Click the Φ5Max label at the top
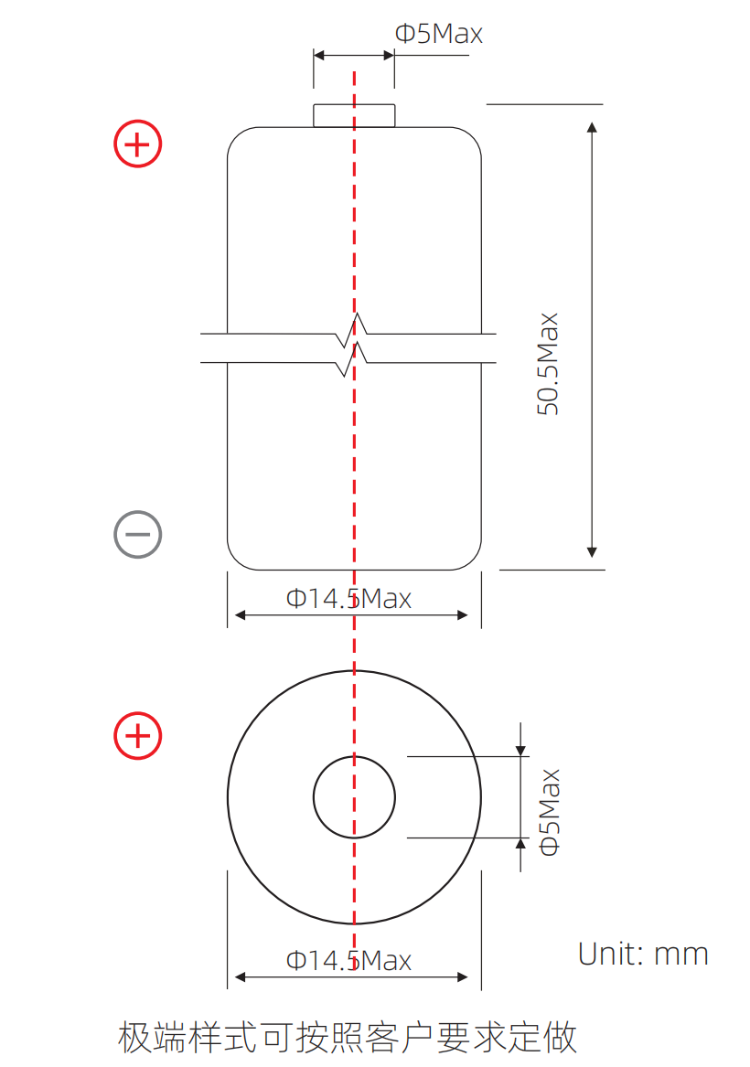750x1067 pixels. pos(439,33)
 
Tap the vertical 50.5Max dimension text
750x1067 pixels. pos(548,364)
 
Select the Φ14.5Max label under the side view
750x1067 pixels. pos(348,599)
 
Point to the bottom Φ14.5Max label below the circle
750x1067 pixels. pos(348,961)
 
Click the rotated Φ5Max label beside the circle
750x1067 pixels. pos(549,812)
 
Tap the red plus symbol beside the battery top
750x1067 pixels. pos(137,144)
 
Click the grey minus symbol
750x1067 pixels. pos(137,534)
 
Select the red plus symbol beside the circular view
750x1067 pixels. pos(137,736)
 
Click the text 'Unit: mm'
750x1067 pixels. pos(643,954)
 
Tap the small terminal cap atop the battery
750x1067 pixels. pos(354,116)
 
